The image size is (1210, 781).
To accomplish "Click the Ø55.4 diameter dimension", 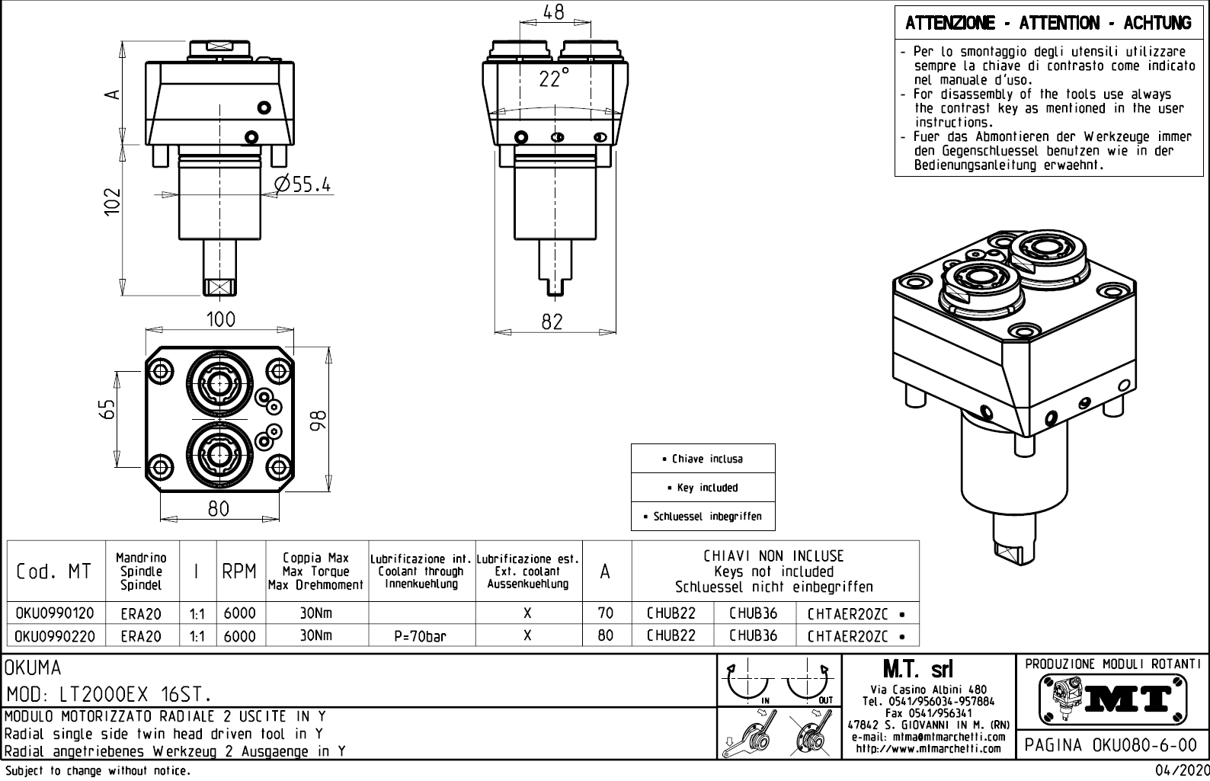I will (x=304, y=184).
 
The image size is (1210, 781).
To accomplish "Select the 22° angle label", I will (x=554, y=78).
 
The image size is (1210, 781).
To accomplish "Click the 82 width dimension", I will (x=552, y=322).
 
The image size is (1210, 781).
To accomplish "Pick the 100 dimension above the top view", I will (x=221, y=319).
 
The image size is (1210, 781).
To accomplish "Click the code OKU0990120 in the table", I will (x=55, y=613).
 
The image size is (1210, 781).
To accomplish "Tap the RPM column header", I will (x=239, y=571).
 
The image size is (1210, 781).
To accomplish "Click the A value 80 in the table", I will (x=605, y=635).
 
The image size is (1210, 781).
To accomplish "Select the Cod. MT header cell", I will (x=53, y=571).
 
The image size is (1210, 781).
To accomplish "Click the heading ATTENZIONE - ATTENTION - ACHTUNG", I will (x=1048, y=24).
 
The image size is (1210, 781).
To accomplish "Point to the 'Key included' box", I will (x=703, y=488).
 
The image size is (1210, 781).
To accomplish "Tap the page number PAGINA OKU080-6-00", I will (x=1112, y=745).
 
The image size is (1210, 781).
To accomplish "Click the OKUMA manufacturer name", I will (x=33, y=669).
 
